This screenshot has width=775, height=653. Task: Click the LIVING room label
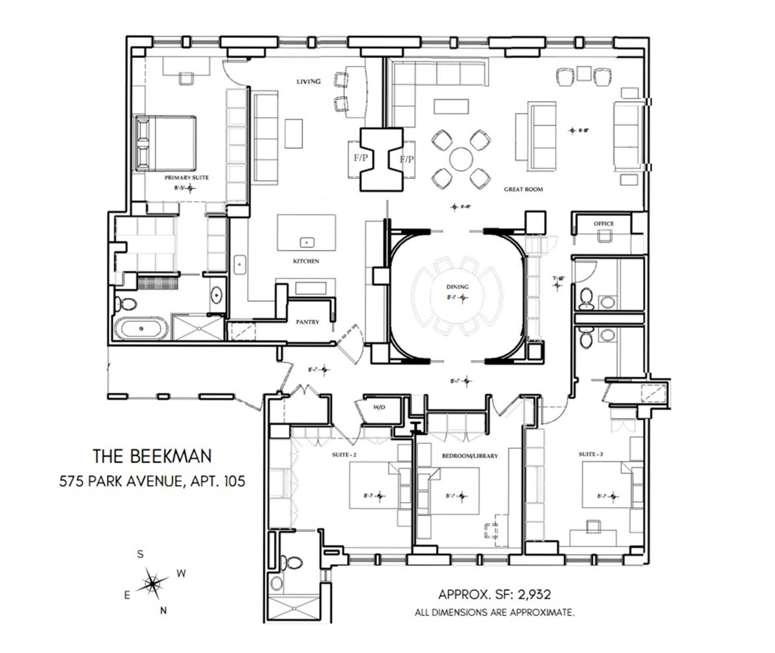309,82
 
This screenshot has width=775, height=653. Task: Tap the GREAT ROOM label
523,189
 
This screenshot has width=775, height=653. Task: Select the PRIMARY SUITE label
186,177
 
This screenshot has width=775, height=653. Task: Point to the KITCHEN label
306,261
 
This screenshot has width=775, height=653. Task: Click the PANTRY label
308,322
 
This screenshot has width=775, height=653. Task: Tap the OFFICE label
603,223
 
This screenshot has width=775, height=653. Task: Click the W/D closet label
379,408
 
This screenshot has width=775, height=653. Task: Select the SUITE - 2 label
344,455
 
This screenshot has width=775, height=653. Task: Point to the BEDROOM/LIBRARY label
470,456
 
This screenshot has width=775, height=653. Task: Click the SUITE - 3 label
591,454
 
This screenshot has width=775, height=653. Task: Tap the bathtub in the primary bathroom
141,328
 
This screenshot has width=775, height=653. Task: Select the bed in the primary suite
165,143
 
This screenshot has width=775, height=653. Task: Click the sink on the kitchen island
307,242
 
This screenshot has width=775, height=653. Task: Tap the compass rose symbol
152,583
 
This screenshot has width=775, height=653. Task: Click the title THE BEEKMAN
153,457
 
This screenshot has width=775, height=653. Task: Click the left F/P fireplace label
360,158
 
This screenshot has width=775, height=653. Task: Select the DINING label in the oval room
457,286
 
